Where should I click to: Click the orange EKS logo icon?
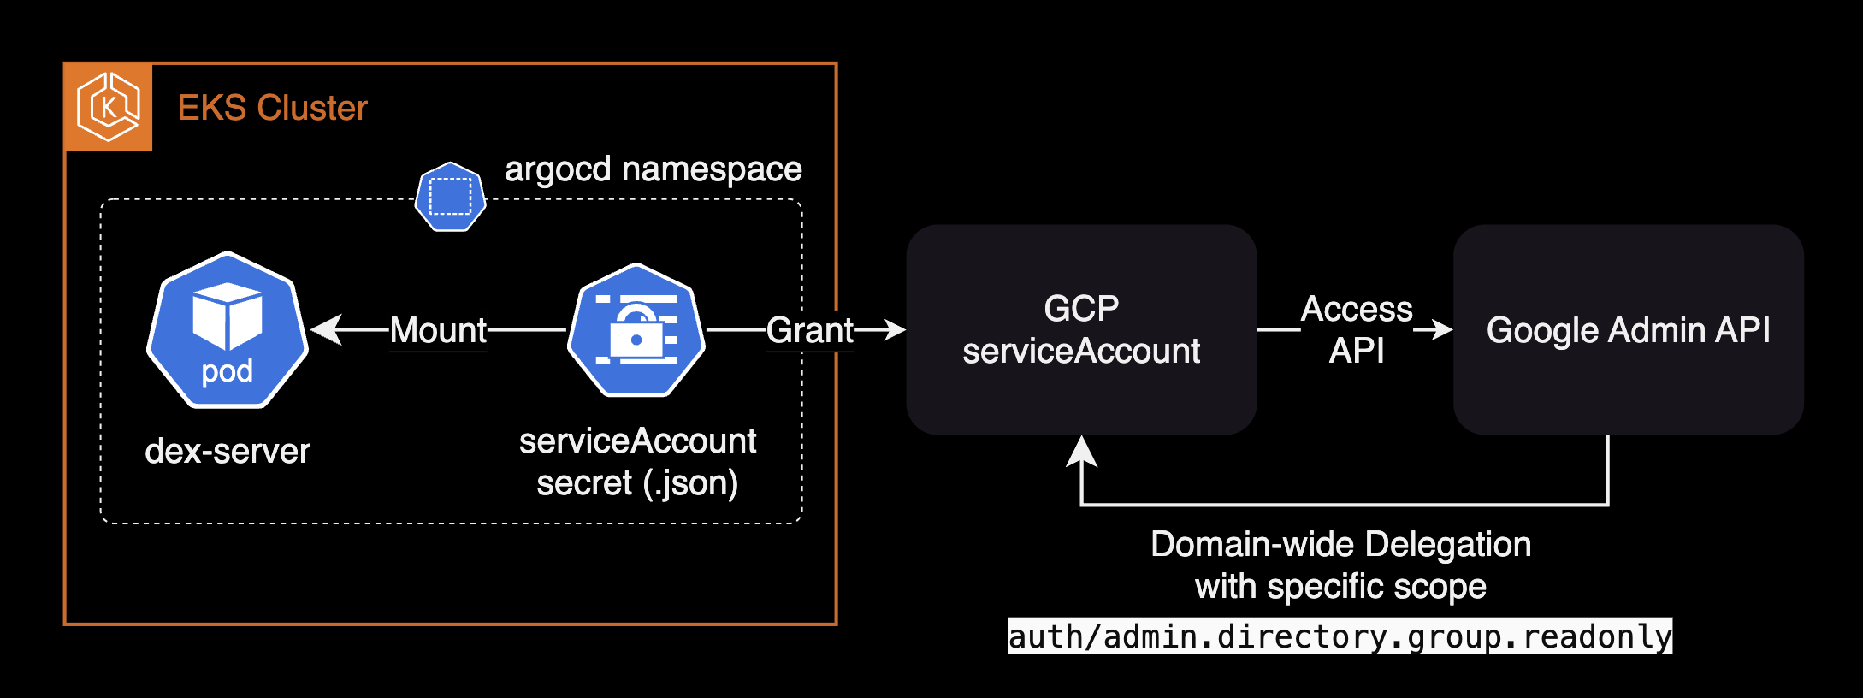click(x=109, y=107)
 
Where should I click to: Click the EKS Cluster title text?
click(x=272, y=108)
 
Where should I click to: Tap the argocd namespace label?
click(x=653, y=169)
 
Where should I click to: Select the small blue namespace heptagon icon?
click(x=451, y=197)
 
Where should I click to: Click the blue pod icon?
click(x=228, y=330)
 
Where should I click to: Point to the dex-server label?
click(x=228, y=451)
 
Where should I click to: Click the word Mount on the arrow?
click(x=438, y=330)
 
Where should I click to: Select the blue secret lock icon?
click(x=636, y=330)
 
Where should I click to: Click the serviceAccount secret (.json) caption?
click(x=637, y=462)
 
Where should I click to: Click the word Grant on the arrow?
click(x=809, y=330)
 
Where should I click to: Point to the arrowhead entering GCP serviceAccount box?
click(x=895, y=329)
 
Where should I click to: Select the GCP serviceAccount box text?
click(x=1081, y=330)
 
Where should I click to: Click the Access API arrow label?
click(x=1357, y=329)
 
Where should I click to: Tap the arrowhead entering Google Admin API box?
click(x=1442, y=329)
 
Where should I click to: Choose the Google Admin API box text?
click(x=1628, y=330)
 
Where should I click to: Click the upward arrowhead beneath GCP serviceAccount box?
click(x=1082, y=451)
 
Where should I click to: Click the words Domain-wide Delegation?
click(x=1340, y=544)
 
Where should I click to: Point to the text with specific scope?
click(x=1340, y=587)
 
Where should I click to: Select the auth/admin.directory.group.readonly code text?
click(x=1340, y=636)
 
